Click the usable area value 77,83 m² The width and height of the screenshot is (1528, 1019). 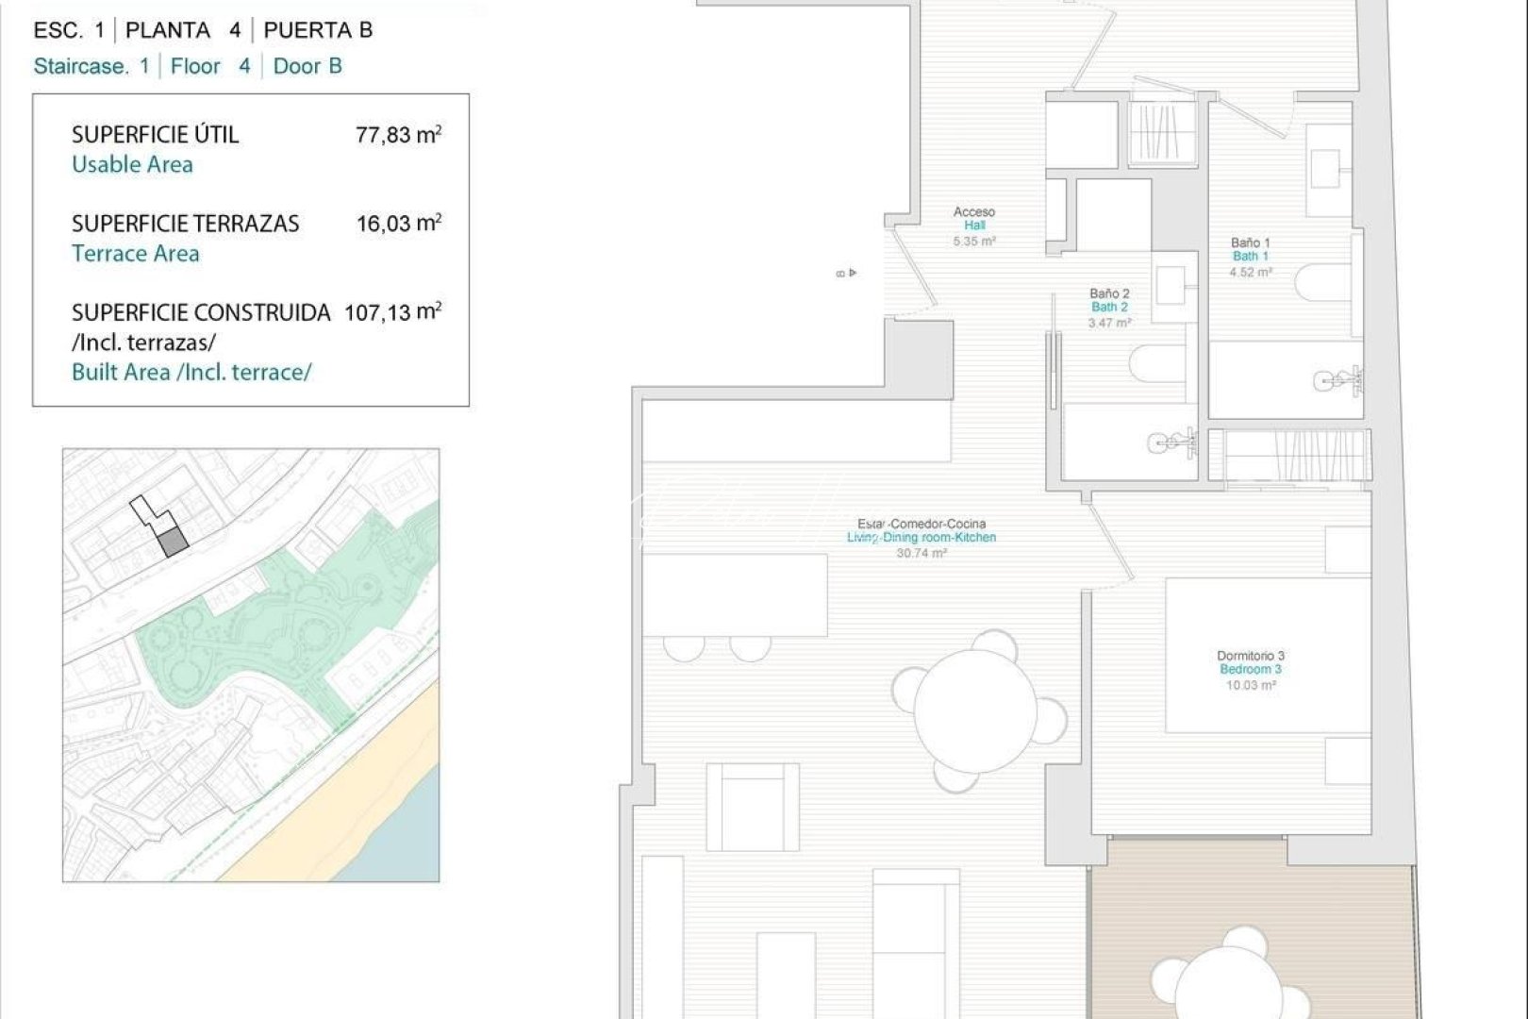[398, 135]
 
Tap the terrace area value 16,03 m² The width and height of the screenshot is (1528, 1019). [398, 224]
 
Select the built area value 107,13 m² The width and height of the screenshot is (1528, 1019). [392, 312]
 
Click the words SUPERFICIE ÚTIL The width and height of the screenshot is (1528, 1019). [156, 135]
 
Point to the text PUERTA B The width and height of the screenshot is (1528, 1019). [318, 30]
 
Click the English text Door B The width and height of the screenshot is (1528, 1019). [307, 66]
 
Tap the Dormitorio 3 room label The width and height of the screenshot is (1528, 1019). [1251, 656]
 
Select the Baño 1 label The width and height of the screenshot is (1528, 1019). [1251, 242]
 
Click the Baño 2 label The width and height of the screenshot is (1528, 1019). [1109, 293]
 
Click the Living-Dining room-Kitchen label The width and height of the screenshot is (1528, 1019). [922, 538]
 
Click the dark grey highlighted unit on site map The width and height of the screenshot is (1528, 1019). [172, 543]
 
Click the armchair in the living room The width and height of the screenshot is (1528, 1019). [752, 808]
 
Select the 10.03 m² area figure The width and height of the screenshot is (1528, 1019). [1251, 686]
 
